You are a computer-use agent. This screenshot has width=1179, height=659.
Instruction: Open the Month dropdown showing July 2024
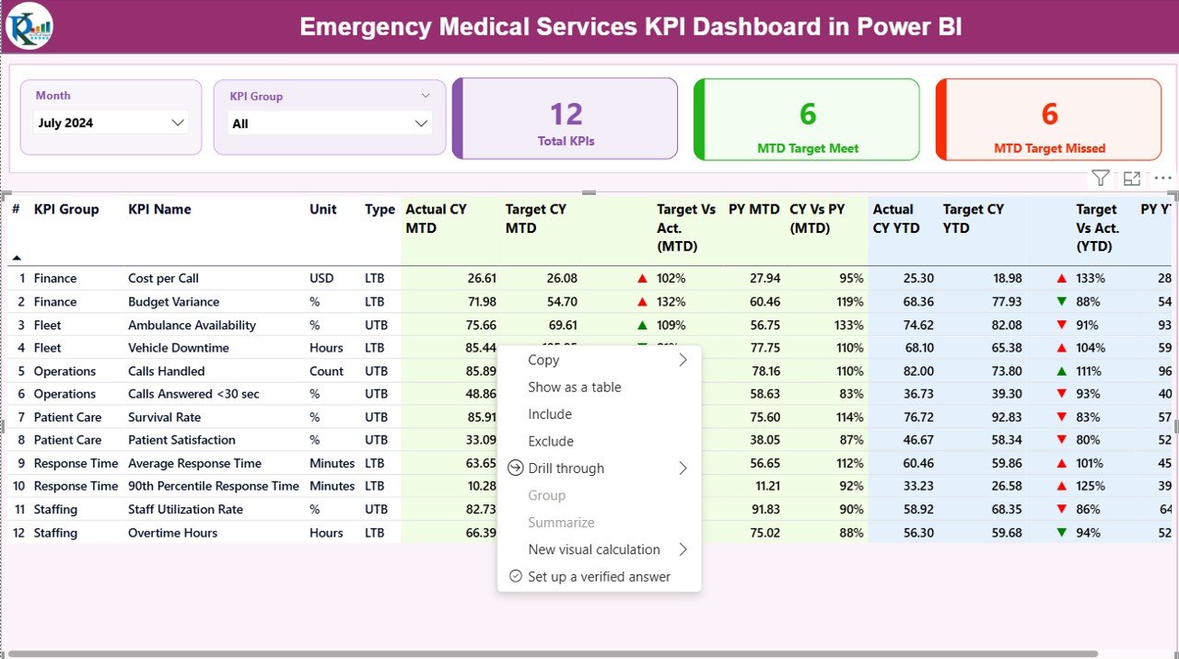[111, 122]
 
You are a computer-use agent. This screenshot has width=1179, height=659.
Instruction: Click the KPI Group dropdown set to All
[330, 123]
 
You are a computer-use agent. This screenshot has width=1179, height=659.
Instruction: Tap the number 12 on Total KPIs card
[566, 114]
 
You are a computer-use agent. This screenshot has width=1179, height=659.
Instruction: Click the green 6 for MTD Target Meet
[807, 114]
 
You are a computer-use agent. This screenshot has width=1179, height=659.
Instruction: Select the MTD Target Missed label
[1049, 148]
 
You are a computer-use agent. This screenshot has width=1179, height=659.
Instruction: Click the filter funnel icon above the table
[1100, 179]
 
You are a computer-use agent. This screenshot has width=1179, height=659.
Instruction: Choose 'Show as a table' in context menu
[575, 387]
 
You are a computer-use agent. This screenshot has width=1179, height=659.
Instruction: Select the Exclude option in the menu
[551, 442]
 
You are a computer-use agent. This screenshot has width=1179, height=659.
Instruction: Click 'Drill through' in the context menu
[566, 468]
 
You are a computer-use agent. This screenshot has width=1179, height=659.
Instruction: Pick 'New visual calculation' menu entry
[594, 549]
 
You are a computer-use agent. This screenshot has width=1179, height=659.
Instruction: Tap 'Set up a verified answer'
[599, 577]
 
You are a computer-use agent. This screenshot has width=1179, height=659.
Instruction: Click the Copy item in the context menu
[543, 360]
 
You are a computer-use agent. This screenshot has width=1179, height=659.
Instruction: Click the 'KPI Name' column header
[159, 210]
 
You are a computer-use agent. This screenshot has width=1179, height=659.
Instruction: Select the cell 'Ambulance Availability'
[192, 325]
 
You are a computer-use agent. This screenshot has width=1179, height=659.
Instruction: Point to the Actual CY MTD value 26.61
[482, 278]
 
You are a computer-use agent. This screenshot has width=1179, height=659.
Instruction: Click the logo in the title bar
[29, 26]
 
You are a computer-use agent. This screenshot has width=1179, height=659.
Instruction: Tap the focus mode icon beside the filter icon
[1132, 179]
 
